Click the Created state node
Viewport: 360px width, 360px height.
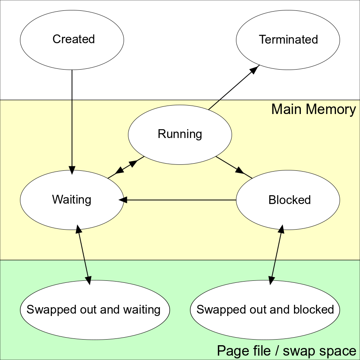72,40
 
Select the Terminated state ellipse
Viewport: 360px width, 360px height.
288,40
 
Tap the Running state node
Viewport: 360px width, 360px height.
180,134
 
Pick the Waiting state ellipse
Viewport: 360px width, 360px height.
72,200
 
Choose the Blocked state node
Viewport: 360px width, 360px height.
288,200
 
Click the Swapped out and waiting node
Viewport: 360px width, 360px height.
95,310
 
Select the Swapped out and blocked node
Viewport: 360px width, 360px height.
265,310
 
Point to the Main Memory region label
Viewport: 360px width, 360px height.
313,109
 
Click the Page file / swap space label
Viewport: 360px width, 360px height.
286,351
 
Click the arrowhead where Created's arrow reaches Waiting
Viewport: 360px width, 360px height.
72,170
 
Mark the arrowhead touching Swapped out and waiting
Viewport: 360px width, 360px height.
89,280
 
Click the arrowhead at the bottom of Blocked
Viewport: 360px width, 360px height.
281,229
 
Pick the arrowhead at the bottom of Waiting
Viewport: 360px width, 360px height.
78,229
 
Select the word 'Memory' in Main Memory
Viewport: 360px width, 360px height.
335,109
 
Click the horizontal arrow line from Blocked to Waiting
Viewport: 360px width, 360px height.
180,200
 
